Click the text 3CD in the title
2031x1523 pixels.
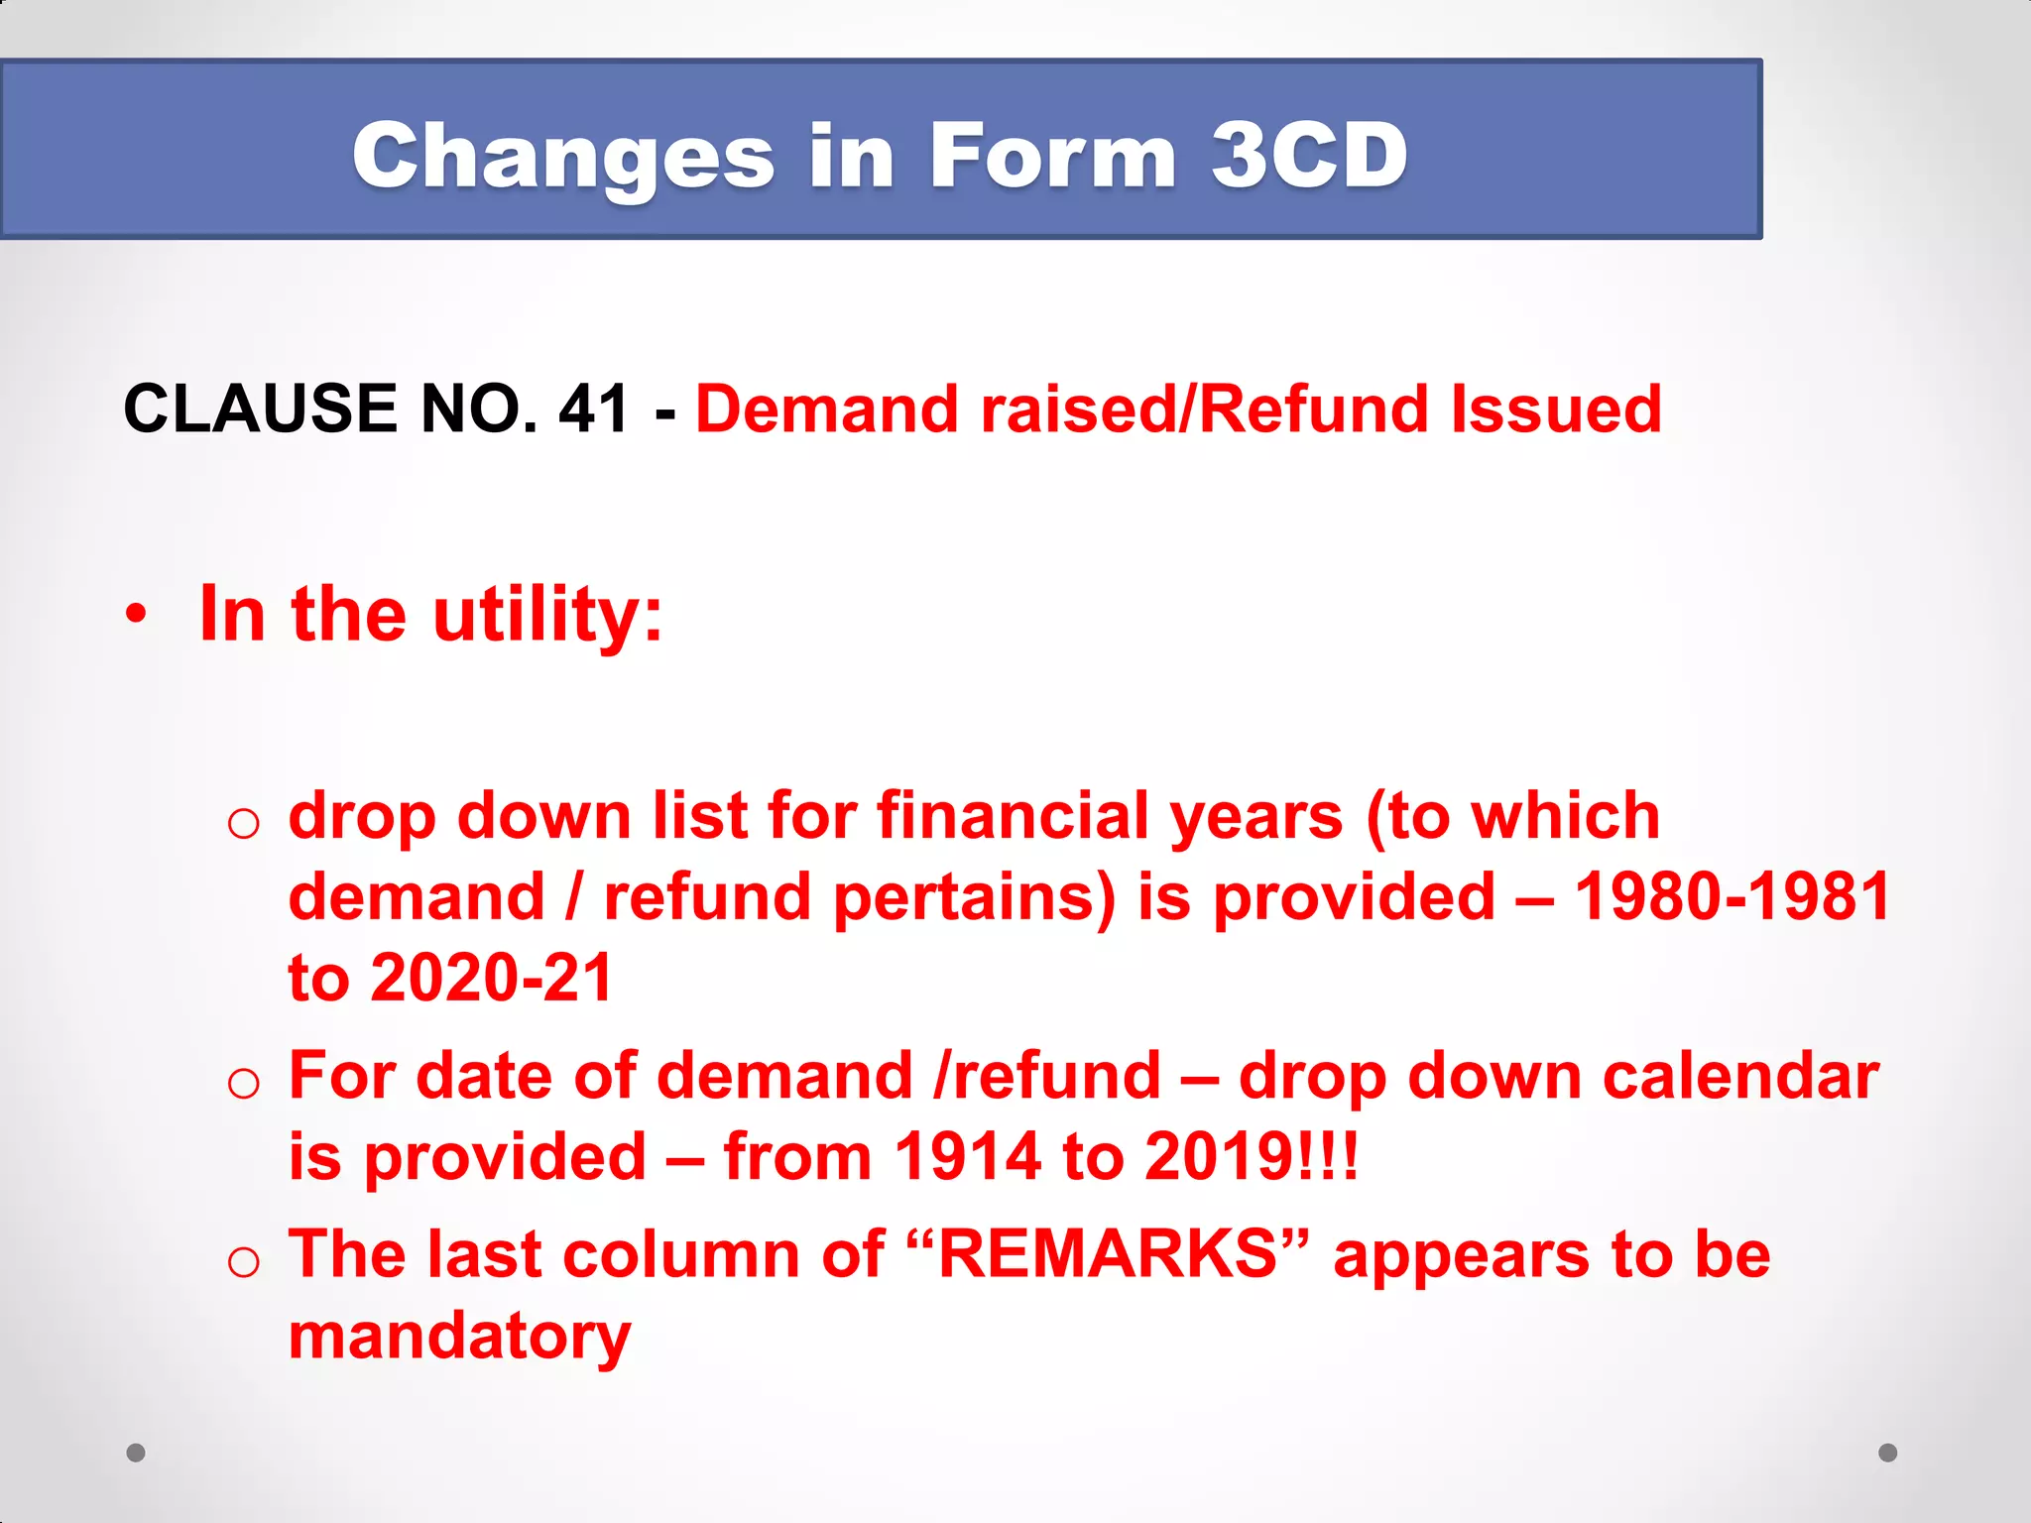point(1309,156)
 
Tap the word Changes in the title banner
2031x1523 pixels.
point(563,156)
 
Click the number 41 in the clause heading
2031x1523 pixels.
point(593,409)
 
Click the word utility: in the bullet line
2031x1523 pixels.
point(547,614)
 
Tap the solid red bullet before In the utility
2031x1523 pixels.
point(137,614)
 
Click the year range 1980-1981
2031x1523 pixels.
point(1732,896)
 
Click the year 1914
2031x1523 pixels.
point(967,1156)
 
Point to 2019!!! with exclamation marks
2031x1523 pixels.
point(1251,1156)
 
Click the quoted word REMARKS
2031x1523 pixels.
point(1108,1253)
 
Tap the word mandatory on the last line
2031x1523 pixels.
point(459,1337)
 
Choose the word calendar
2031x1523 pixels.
point(1740,1076)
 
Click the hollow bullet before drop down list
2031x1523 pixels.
point(243,823)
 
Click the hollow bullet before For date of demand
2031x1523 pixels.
point(243,1084)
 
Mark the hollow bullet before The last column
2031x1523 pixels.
point(243,1262)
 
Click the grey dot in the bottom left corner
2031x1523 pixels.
point(136,1453)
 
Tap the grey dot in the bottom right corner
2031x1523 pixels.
point(1887,1453)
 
